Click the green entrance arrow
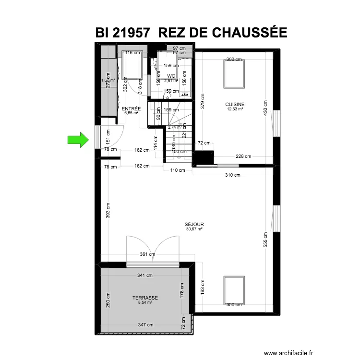point(79,140)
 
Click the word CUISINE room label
point(235,104)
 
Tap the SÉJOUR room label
point(194,224)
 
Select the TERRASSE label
point(145,298)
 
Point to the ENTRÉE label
point(131,109)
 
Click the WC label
point(171,76)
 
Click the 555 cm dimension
point(265,240)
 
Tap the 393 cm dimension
point(108,209)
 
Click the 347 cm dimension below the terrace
point(145,325)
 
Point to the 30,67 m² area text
point(194,229)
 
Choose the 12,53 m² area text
point(235,109)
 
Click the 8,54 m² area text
point(145,303)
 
